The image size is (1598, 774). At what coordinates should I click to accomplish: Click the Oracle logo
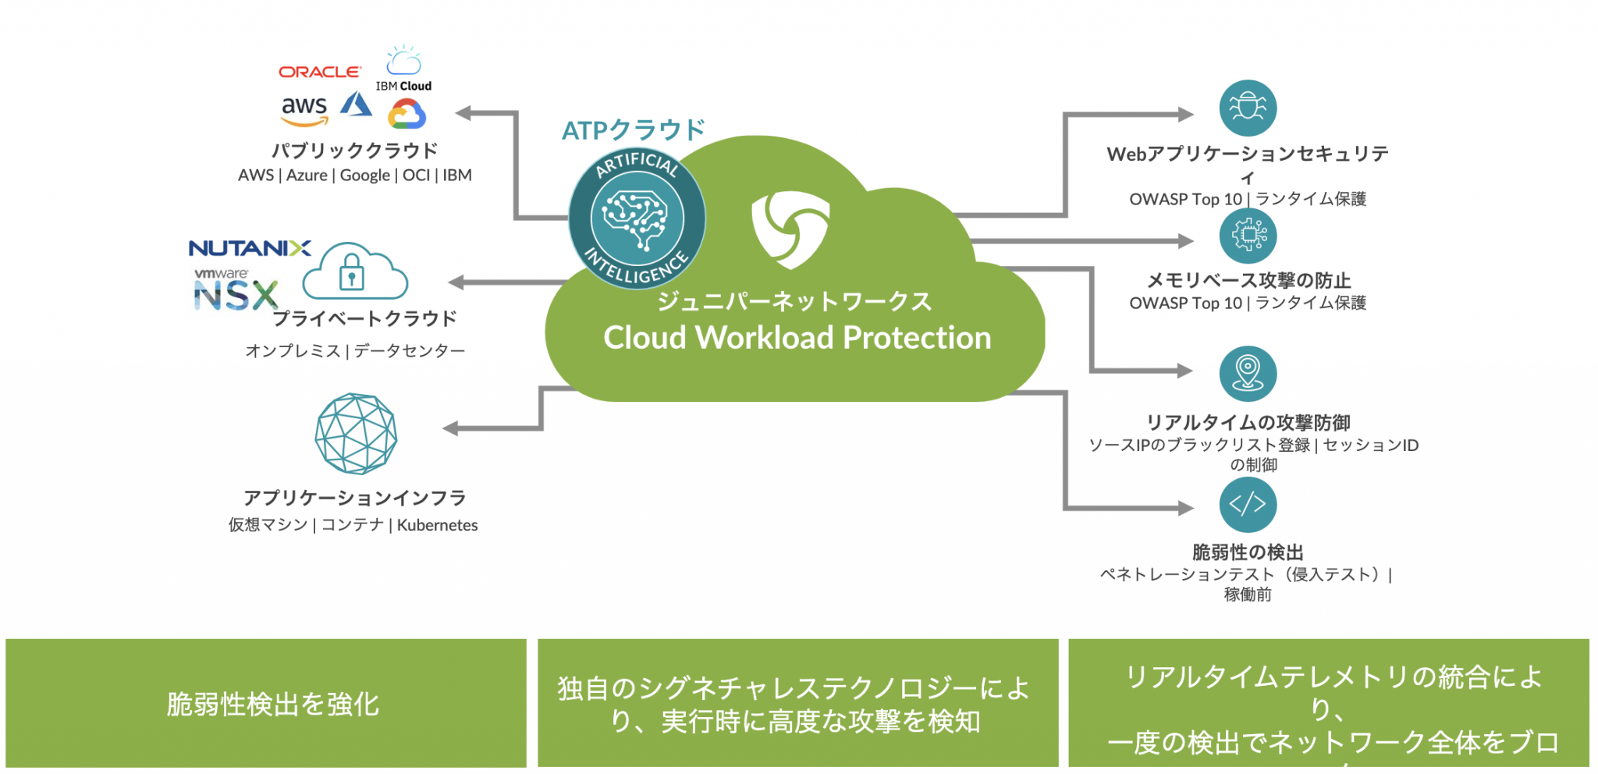pyautogui.click(x=320, y=72)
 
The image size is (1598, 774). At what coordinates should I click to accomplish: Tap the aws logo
pyautogui.click(x=304, y=110)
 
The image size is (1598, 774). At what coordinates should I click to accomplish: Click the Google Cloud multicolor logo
pyautogui.click(x=407, y=114)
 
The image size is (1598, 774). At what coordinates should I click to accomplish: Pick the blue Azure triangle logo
pyautogui.click(x=357, y=105)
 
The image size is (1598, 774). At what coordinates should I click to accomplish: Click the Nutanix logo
pyautogui.click(x=250, y=248)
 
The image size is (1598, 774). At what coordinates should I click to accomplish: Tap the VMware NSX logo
pyautogui.click(x=234, y=291)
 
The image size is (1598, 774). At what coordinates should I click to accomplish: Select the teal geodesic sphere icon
pyautogui.click(x=356, y=434)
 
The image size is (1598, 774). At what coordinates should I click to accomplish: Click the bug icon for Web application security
pyautogui.click(x=1248, y=108)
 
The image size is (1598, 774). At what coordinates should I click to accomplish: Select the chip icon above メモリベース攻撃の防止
pyautogui.click(x=1248, y=235)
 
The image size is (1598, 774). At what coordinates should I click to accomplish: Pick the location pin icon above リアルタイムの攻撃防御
pyautogui.click(x=1248, y=374)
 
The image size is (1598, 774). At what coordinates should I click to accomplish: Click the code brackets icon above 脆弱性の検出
pyautogui.click(x=1248, y=504)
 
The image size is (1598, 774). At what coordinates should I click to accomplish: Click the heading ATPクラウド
pyautogui.click(x=633, y=130)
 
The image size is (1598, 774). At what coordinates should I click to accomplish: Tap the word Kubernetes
pyautogui.click(x=437, y=525)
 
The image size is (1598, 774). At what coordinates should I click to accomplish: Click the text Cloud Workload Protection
pyautogui.click(x=797, y=338)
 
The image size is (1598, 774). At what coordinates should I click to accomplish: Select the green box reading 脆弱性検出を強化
pyautogui.click(x=265, y=703)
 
